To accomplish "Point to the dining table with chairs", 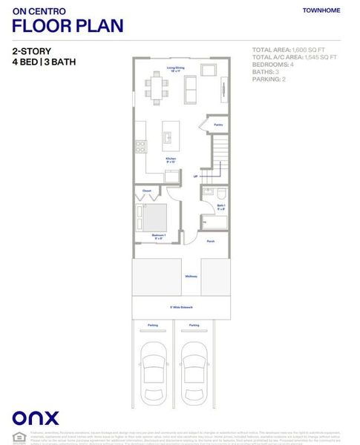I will (x=157, y=88).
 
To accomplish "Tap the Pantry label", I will (x=218, y=125).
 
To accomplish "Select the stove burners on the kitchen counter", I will (x=140, y=145).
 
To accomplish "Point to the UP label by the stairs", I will (x=195, y=177).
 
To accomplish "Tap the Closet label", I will (x=145, y=191).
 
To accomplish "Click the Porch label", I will (x=211, y=241).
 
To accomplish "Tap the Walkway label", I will (x=191, y=277).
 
